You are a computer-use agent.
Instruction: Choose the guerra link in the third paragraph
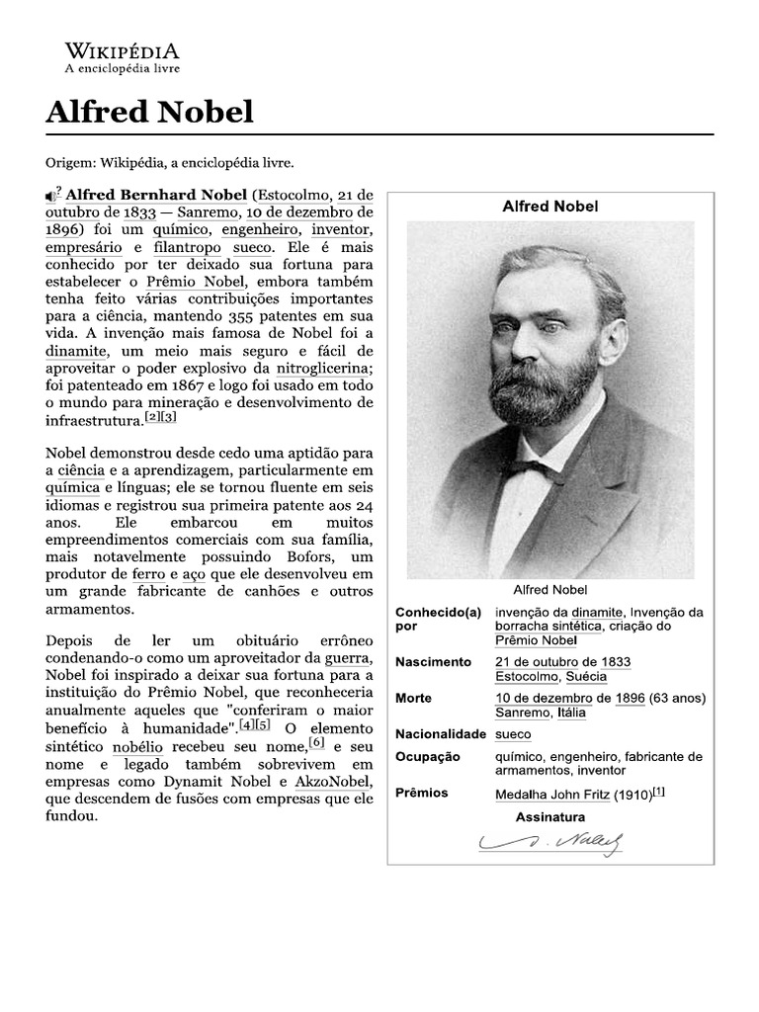(353, 657)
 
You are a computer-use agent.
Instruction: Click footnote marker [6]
(316, 742)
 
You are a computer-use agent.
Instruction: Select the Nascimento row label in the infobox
(434, 662)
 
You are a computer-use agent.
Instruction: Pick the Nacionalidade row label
(441, 735)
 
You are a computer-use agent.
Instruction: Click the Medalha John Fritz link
(551, 795)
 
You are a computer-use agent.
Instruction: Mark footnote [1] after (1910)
(659, 793)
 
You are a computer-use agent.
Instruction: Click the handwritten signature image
(550, 842)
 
